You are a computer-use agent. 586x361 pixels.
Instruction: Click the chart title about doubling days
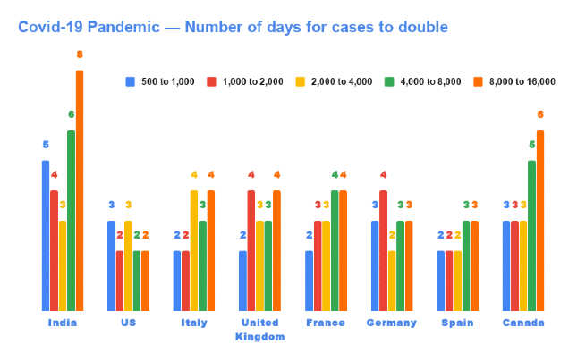[x=233, y=27]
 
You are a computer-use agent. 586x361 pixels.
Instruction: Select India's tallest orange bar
[x=79, y=190]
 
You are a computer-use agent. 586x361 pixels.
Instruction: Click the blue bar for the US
[x=112, y=265]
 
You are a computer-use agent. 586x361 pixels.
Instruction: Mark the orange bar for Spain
[x=474, y=265]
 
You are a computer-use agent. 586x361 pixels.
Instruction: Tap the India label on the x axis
[x=63, y=323]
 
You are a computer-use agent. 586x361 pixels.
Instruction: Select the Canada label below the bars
[x=523, y=323]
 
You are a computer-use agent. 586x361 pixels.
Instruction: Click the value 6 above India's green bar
[x=71, y=114]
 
